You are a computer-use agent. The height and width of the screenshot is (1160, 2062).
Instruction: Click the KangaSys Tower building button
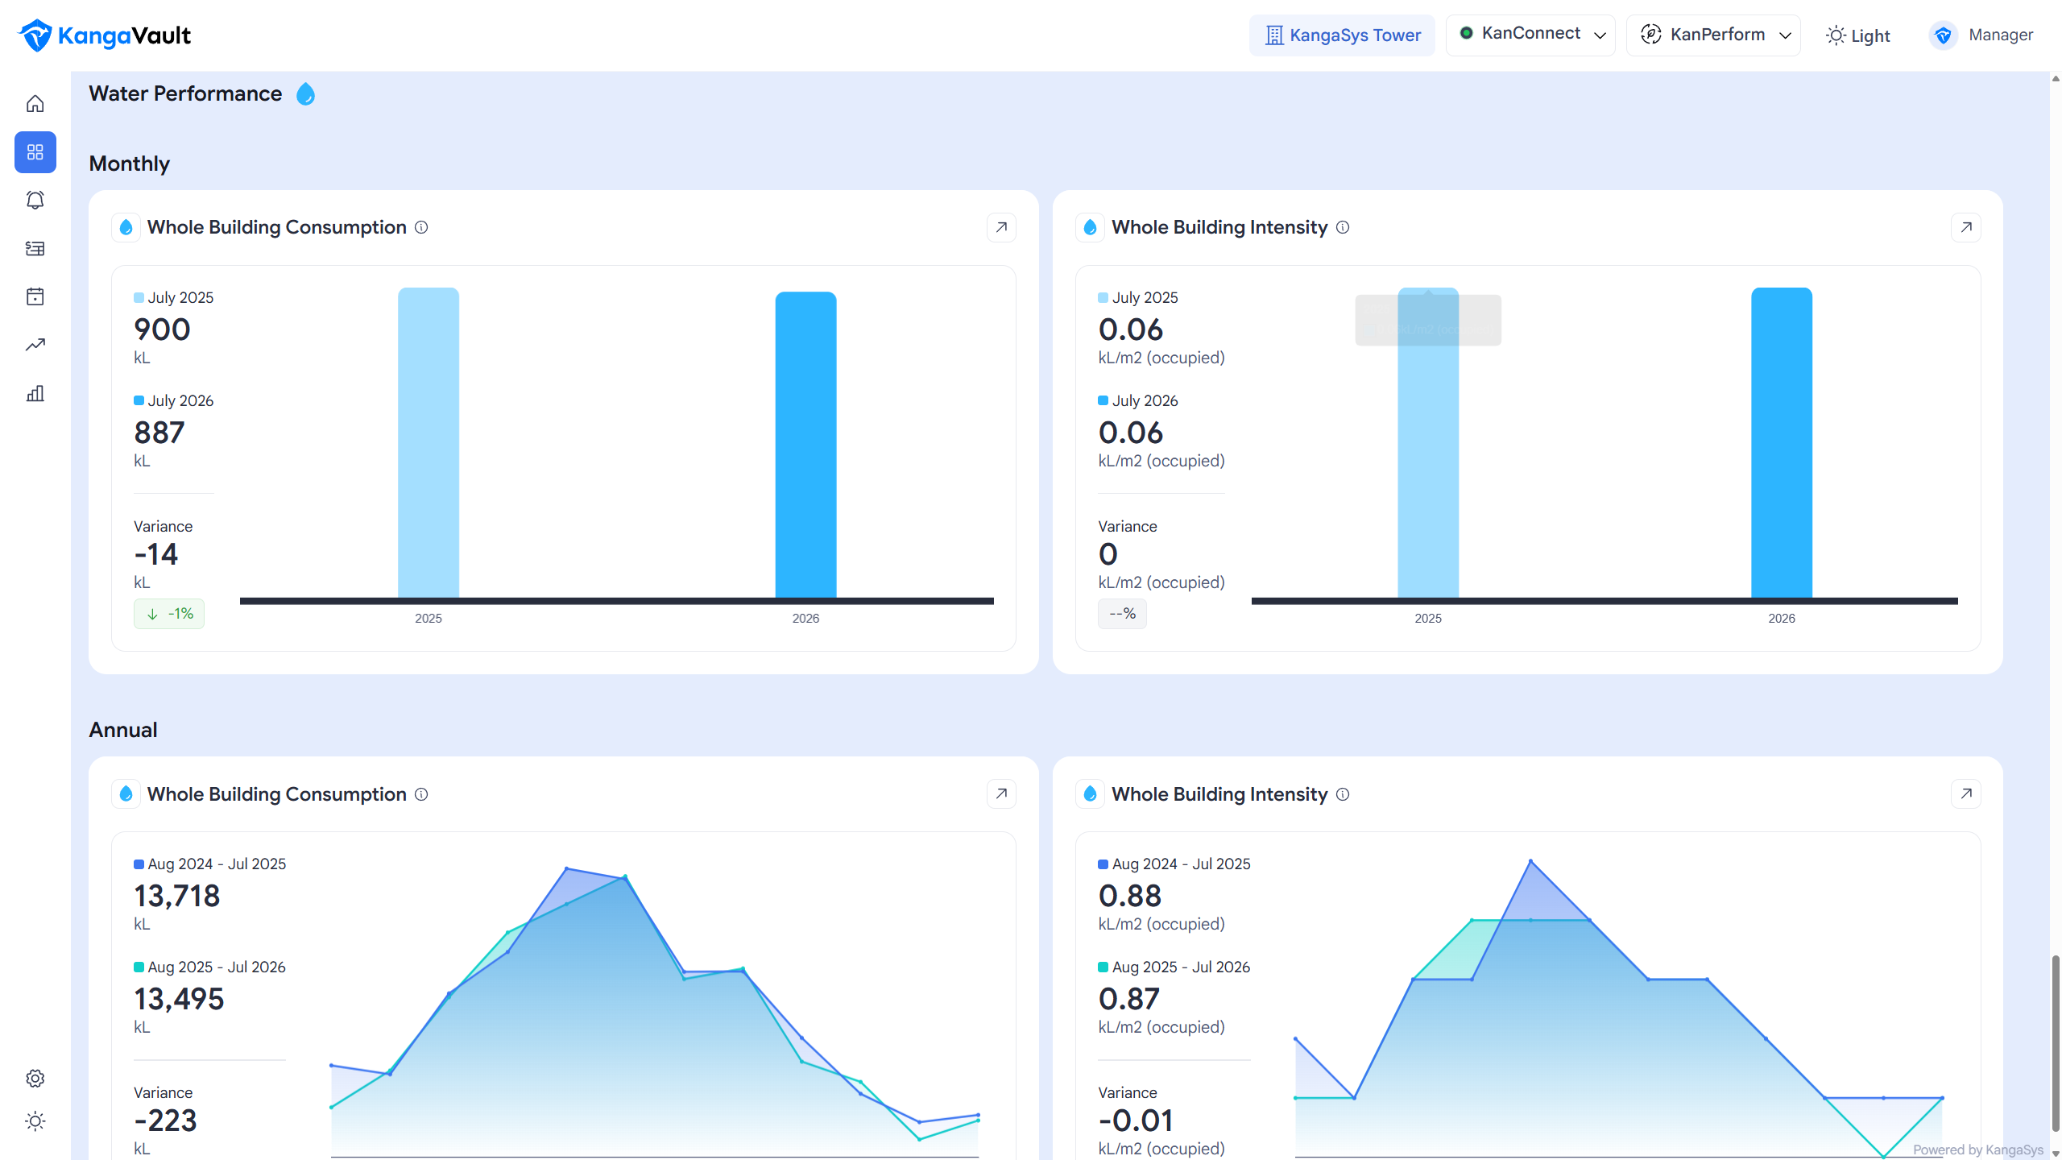[1342, 35]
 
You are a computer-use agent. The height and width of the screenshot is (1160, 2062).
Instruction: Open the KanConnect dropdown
[1530, 35]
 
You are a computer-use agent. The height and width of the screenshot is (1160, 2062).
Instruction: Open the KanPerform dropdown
[1713, 35]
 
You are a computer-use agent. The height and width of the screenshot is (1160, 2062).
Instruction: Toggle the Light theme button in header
[1857, 35]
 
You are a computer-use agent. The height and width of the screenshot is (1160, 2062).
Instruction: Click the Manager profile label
[2001, 35]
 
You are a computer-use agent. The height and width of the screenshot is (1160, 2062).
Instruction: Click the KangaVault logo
[105, 35]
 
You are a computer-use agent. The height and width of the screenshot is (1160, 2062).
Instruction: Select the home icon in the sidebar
[35, 104]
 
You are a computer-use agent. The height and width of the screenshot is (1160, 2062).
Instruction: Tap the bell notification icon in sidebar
[35, 200]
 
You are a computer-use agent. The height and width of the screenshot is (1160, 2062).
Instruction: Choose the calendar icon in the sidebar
[35, 296]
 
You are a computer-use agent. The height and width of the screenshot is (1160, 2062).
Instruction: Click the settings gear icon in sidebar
[35, 1078]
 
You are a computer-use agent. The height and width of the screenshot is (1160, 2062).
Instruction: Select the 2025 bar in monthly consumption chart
[429, 443]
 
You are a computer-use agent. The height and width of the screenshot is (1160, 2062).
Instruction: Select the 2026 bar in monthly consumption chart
[805, 445]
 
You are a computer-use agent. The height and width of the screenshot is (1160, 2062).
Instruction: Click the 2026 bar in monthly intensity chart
[1782, 443]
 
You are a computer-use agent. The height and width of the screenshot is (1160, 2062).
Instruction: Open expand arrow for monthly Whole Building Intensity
[1966, 227]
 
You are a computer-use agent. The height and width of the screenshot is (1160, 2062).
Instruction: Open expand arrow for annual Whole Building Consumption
[1001, 793]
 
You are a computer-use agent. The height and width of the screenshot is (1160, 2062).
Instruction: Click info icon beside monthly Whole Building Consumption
[421, 227]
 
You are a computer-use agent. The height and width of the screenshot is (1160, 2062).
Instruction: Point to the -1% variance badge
[169, 614]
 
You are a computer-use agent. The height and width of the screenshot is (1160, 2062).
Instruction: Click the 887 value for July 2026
[159, 433]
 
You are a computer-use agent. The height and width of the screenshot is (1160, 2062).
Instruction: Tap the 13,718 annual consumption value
[177, 896]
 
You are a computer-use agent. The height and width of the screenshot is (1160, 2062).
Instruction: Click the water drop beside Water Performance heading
[305, 94]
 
